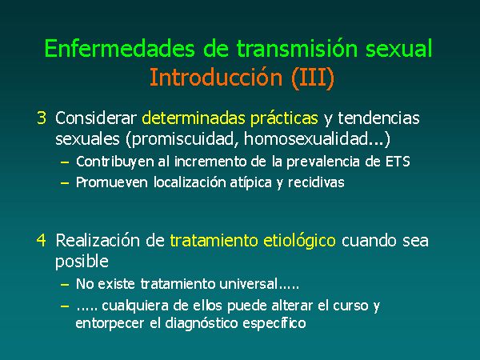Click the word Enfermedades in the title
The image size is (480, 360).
(120, 48)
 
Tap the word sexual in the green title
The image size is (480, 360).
(398, 48)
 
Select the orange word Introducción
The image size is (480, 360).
(216, 77)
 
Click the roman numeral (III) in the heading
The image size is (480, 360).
(313, 78)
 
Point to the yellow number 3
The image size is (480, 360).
(42, 118)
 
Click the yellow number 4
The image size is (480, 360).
(42, 240)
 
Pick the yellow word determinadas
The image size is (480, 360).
(194, 118)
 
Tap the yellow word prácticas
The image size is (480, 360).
(284, 118)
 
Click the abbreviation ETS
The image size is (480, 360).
(398, 162)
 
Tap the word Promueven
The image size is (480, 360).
(112, 182)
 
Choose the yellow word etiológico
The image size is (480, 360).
(299, 241)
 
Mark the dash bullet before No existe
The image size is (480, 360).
(65, 285)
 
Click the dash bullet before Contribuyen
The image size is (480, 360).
(65, 162)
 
